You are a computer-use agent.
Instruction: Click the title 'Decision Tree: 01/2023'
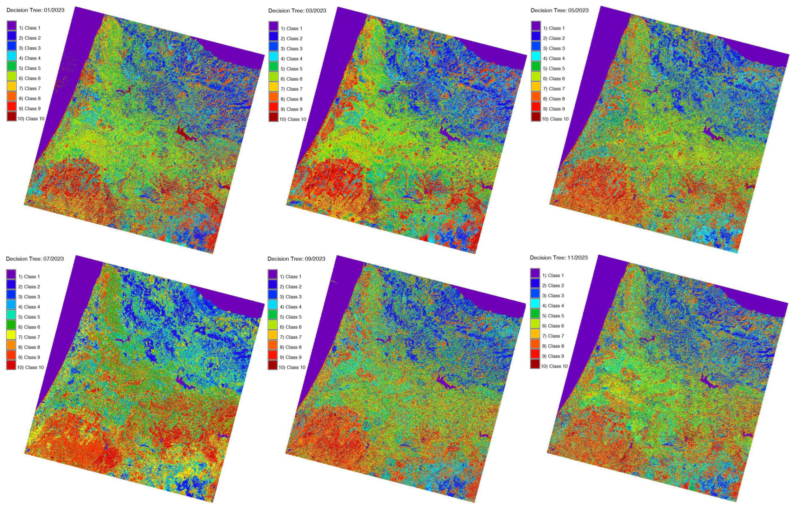[x=35, y=10]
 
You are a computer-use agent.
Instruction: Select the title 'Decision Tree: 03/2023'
[x=297, y=11]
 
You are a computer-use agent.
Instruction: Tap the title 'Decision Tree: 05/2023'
[x=559, y=10]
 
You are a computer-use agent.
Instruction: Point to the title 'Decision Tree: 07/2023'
[x=35, y=259]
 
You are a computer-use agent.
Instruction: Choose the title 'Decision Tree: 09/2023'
[x=296, y=259]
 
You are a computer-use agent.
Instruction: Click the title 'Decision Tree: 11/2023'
[x=559, y=258]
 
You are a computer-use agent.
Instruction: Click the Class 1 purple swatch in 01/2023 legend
[x=12, y=28]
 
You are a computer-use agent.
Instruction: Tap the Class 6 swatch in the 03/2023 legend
[x=273, y=79]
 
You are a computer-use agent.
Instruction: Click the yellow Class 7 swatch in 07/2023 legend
[x=11, y=337]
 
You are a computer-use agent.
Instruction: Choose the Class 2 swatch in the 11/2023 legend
[x=535, y=286]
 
